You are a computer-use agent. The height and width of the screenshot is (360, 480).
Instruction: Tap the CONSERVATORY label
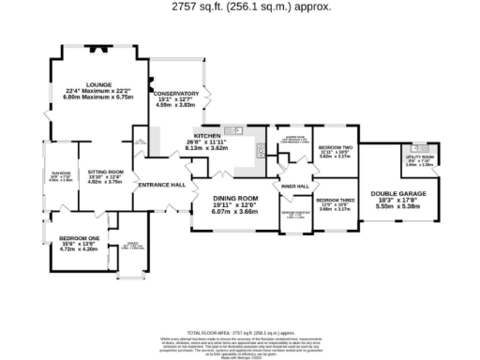176,94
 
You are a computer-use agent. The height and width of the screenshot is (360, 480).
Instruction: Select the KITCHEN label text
207,136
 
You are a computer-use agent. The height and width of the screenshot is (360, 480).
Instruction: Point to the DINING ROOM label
234,199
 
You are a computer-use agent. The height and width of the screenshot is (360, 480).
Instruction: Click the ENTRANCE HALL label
161,185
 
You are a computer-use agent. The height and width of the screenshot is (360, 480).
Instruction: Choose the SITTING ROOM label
105,172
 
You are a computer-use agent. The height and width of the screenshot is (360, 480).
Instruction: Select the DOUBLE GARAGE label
398,193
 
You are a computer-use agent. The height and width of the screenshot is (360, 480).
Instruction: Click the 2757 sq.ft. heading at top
240,7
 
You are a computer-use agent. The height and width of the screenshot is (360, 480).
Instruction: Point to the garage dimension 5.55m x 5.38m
398,205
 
